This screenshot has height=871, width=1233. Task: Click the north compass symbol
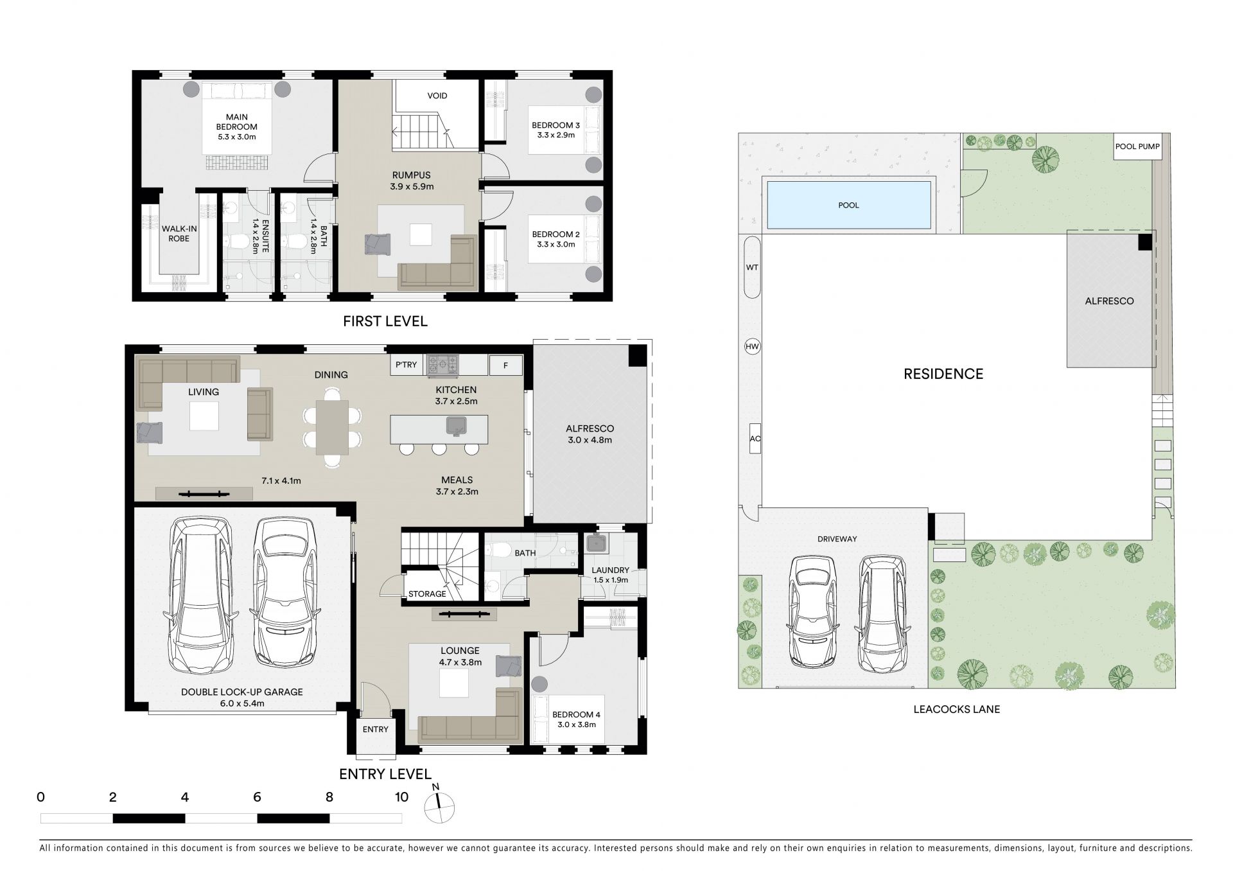coord(439,806)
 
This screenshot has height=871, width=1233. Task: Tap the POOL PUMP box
coord(1137,146)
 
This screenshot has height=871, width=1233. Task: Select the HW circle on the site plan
coord(752,347)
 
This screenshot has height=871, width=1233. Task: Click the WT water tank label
coord(752,267)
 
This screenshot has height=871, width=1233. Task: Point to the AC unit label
coord(755,439)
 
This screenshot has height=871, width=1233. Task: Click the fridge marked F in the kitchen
coord(505,365)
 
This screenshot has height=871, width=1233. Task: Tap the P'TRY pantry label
coord(406,365)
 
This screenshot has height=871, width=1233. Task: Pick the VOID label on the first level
coord(437,96)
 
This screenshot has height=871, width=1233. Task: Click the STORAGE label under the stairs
coord(427,594)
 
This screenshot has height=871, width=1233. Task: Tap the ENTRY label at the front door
coord(375,729)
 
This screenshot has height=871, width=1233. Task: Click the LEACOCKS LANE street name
coord(957,710)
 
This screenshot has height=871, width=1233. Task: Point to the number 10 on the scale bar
coord(401,797)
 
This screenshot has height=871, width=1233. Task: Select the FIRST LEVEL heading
coord(385,321)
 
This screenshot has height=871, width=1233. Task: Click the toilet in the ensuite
coord(240,243)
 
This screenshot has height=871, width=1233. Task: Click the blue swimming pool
coord(848,205)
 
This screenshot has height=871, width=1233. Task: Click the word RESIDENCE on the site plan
coord(943,374)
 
